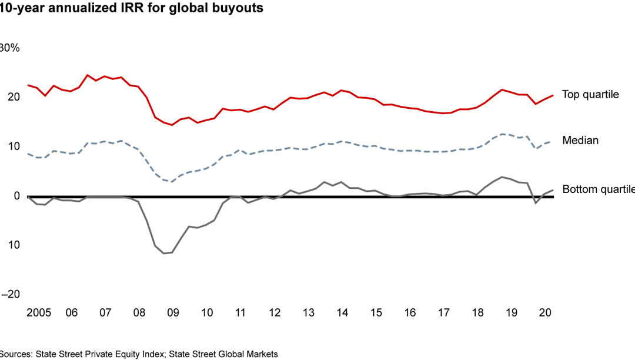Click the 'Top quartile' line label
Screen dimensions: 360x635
[590, 94]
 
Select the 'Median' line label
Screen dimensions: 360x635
[580, 140]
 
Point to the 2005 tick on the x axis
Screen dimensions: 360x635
[38, 312]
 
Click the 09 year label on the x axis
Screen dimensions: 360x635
[172, 312]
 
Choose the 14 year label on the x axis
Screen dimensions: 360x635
[342, 312]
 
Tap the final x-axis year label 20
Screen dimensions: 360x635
[545, 312]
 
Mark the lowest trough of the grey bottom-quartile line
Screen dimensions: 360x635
[164, 254]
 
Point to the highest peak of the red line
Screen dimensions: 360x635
[88, 75]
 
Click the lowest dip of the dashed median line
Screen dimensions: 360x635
[172, 182]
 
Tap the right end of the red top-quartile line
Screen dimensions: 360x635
[553, 95]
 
